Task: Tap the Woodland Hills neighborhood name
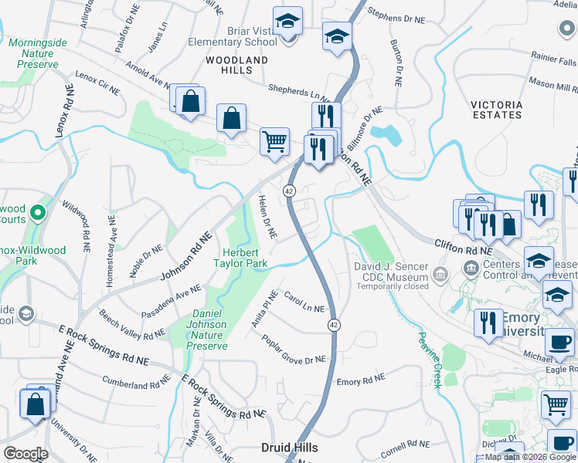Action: click(236, 65)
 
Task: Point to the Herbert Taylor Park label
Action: click(244, 258)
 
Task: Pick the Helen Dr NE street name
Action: click(267, 216)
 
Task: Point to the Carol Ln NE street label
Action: click(303, 302)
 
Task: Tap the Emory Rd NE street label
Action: click(360, 381)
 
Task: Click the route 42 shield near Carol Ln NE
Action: click(333, 326)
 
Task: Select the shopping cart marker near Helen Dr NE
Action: click(274, 142)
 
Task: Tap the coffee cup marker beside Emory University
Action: click(559, 340)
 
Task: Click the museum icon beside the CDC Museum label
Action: click(440, 272)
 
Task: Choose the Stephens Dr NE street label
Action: click(396, 16)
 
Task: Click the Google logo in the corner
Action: click(25, 454)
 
